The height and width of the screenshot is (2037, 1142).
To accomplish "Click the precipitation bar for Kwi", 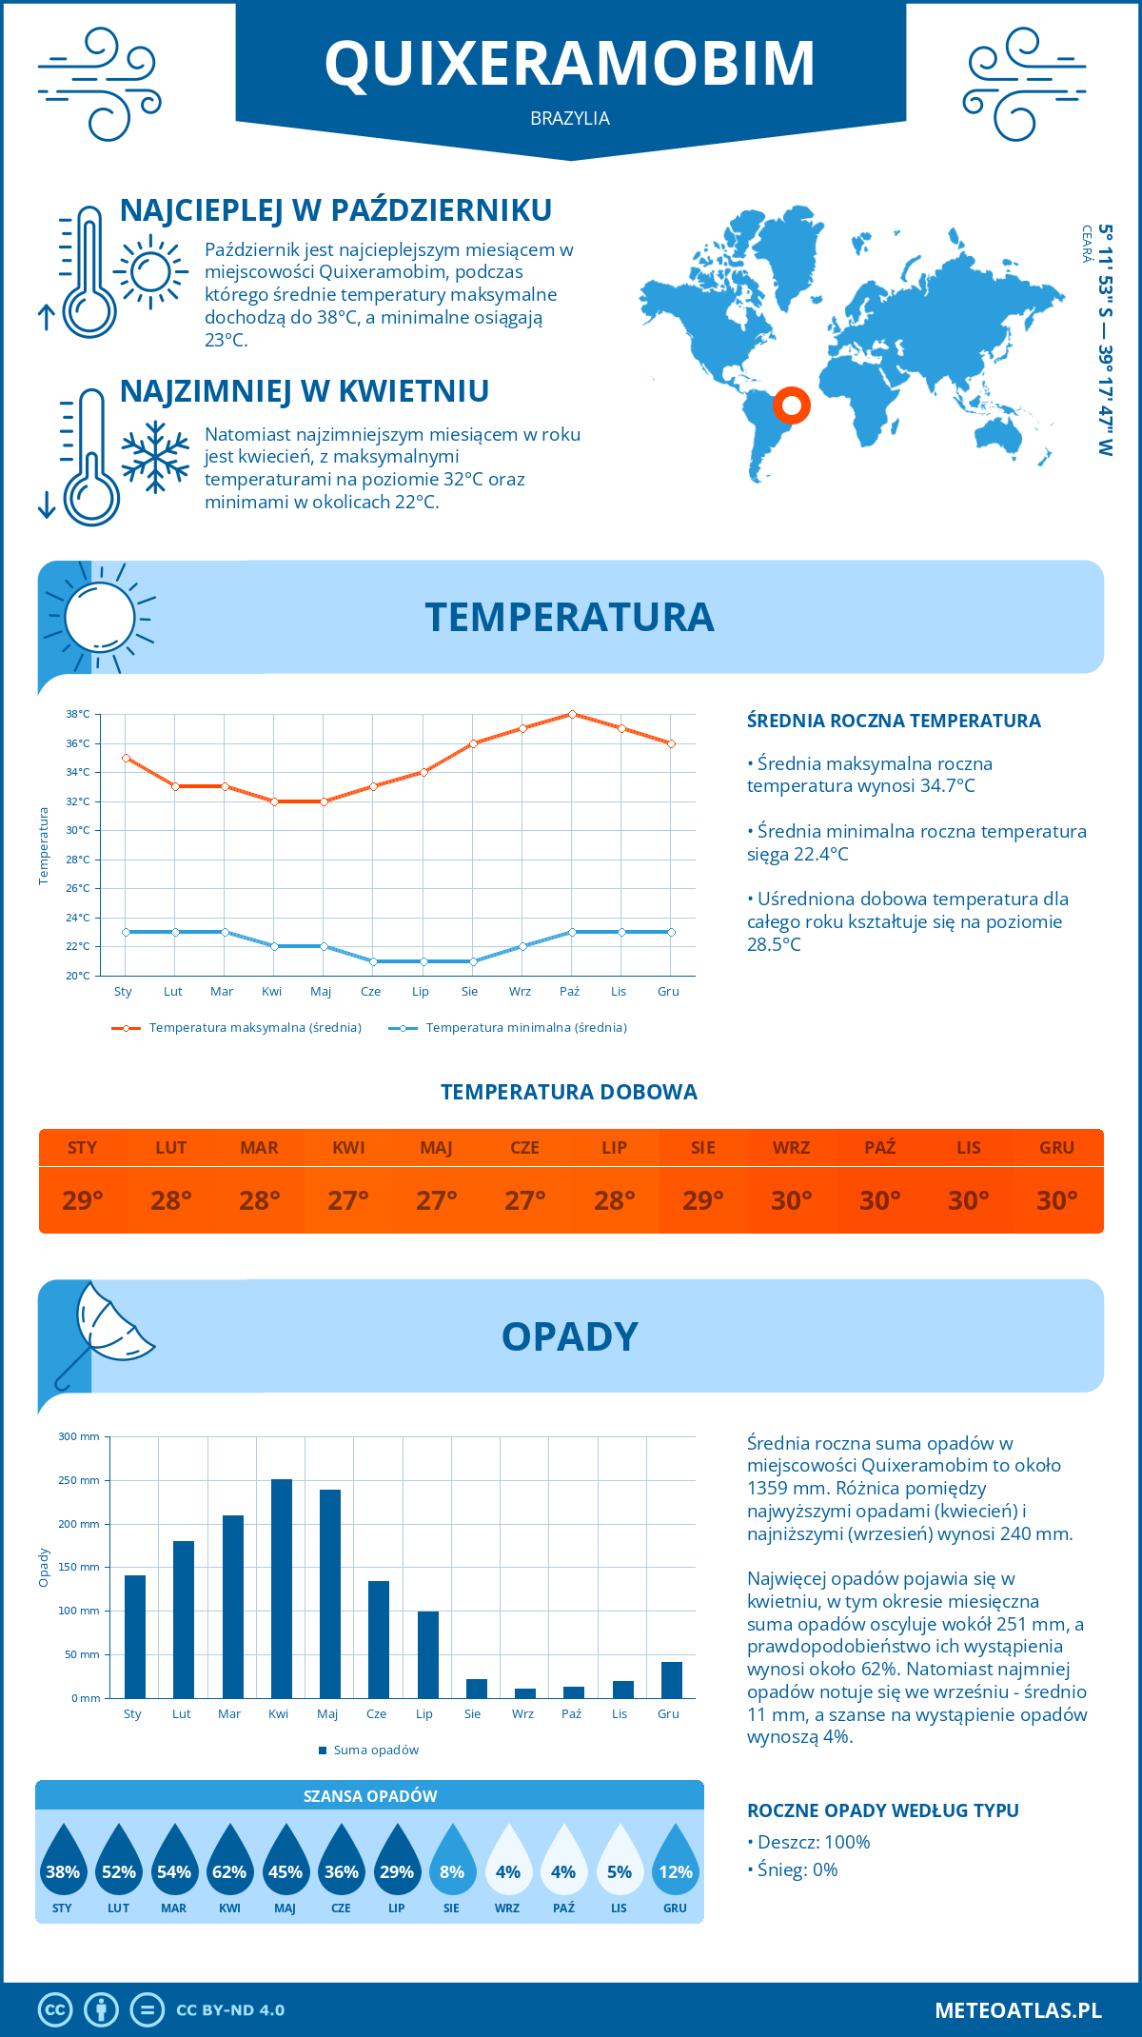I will click(282, 1589).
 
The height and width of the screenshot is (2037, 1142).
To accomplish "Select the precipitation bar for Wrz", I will click(525, 1693).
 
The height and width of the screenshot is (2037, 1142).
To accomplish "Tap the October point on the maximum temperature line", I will click(572, 714).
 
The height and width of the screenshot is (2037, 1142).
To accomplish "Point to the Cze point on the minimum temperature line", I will click(374, 961).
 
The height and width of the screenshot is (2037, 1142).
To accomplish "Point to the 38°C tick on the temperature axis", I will click(78, 714).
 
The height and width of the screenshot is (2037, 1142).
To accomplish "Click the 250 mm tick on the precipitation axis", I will click(79, 1480).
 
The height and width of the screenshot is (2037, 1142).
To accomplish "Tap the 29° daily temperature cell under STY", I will click(83, 1200).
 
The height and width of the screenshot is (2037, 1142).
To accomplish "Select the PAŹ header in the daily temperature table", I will click(880, 1148).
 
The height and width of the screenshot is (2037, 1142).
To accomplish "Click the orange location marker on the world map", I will click(791, 405).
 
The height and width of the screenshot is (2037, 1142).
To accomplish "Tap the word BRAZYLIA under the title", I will click(570, 119).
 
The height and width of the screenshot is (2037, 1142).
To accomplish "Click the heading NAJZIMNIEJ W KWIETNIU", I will click(305, 391).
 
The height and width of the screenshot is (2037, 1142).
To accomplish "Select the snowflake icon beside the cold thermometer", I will click(155, 457).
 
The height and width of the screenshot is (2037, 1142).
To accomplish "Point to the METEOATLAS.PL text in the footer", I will click(1018, 2010).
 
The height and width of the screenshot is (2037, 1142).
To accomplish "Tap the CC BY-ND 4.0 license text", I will click(230, 2010).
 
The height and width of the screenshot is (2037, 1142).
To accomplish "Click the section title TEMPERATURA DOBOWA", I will click(569, 1093).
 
